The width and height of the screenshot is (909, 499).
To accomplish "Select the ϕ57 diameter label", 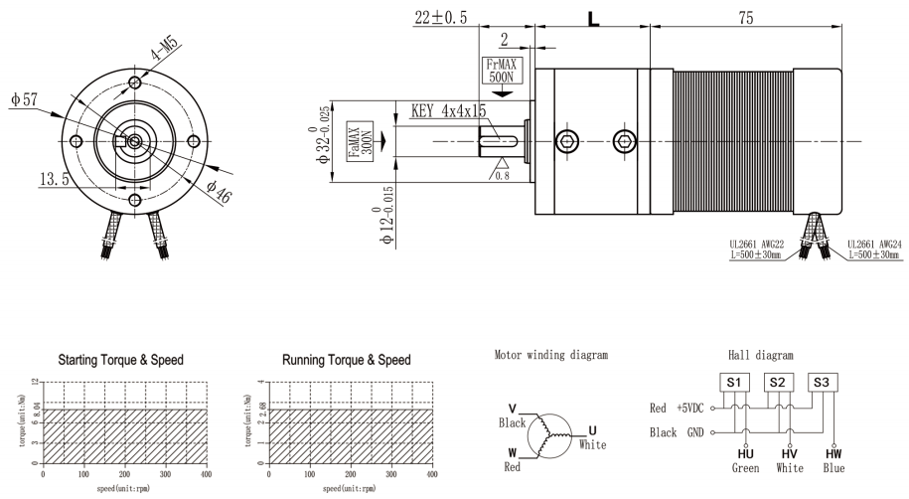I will tap(23, 100).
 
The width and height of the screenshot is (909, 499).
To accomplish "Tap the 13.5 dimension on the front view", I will tap(54, 179).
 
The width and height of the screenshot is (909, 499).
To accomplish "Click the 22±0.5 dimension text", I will tap(444, 18).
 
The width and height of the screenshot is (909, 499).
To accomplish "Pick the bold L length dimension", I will tap(593, 18).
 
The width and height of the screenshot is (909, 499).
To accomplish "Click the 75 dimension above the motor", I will tap(746, 18).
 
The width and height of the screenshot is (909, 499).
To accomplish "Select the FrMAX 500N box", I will tap(501, 71).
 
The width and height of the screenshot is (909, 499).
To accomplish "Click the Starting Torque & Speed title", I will tap(120, 359).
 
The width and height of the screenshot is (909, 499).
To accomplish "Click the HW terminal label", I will tap(833, 453).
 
